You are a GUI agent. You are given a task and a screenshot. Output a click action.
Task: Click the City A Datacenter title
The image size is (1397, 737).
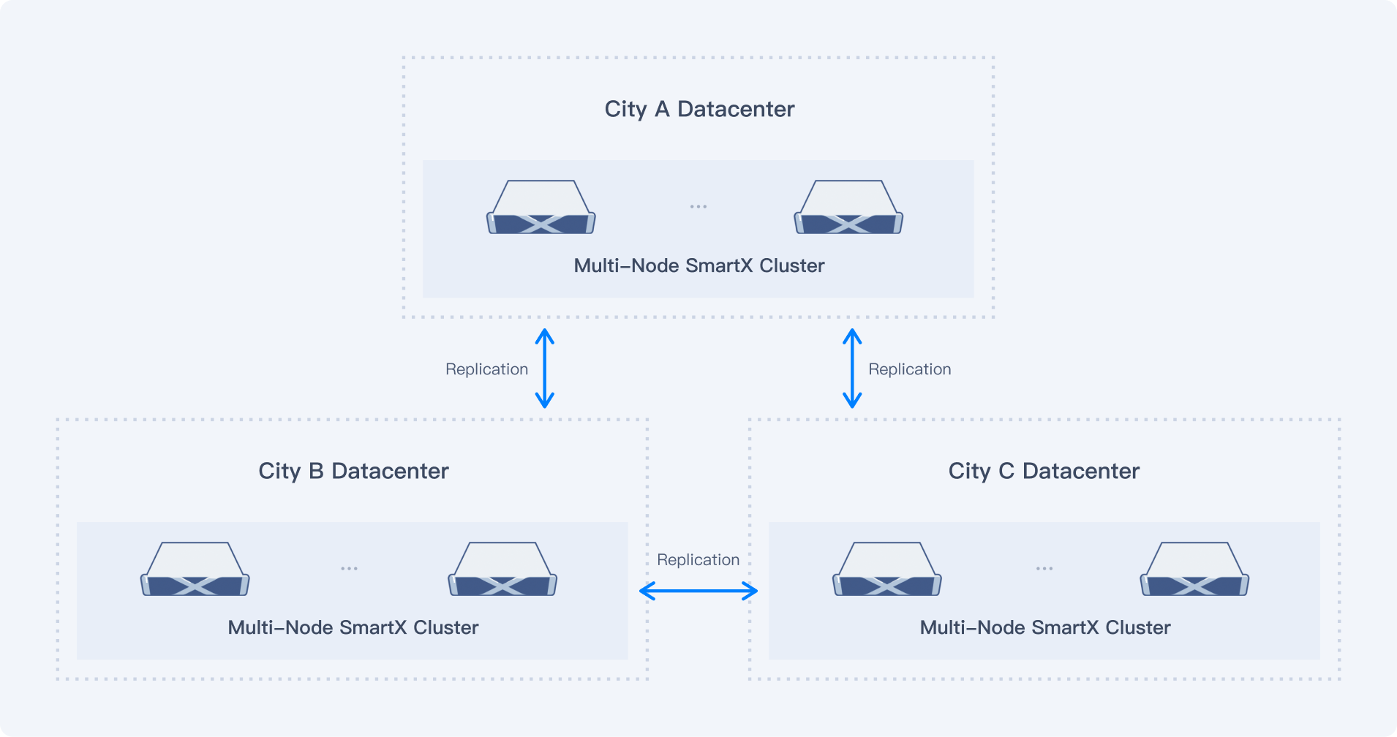coord(699,109)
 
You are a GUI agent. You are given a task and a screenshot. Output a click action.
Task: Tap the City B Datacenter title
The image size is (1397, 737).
coord(353,471)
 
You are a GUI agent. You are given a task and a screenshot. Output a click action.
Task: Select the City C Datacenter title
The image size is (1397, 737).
coord(1044,471)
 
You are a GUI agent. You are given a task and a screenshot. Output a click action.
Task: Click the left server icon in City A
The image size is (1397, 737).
coord(541,208)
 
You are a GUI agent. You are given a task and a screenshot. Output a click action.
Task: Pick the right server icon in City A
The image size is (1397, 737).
coord(848,208)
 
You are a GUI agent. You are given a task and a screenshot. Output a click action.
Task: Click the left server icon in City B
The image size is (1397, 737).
coord(195,570)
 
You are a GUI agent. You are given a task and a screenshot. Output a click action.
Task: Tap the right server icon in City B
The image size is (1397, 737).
coord(502,570)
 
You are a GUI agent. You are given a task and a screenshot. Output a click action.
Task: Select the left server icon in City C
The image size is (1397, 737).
coord(887,570)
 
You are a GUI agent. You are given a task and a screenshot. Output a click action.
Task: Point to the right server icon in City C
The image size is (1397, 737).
coord(1194,570)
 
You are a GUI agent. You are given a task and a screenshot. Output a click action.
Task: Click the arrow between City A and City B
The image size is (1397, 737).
coord(545,368)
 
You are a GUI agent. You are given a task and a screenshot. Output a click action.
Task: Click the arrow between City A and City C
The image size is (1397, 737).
coord(852,368)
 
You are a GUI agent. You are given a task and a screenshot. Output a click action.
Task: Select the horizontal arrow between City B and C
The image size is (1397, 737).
coord(698,591)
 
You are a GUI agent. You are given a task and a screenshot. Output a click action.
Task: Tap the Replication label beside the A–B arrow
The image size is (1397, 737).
coord(486,369)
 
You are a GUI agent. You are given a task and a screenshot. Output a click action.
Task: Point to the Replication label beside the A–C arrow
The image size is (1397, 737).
coord(909,369)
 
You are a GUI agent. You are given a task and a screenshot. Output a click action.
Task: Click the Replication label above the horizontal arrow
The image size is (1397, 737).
coord(698,560)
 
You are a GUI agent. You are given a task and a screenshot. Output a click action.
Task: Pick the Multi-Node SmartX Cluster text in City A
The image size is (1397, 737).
coord(698,265)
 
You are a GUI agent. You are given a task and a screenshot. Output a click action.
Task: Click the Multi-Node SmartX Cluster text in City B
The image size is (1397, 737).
coord(353,627)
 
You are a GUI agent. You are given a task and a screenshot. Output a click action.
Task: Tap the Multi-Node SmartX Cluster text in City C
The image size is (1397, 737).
coord(1044,627)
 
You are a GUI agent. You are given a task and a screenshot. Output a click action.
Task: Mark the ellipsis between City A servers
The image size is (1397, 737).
coord(698,207)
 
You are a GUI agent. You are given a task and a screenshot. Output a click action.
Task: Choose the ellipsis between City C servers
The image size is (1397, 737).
coord(1044,568)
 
